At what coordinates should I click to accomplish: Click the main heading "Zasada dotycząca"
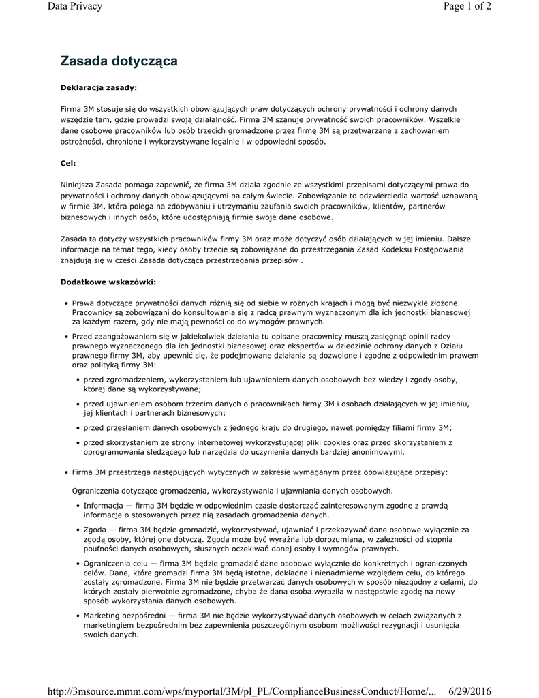coord(119,61)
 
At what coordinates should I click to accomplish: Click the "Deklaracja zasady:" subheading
coord(98,87)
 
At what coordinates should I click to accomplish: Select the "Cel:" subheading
coord(68,164)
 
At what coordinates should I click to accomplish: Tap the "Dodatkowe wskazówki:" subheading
coord(108,282)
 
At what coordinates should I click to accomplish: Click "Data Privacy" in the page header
coord(75,7)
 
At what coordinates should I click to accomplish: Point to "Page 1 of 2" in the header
coord(467,7)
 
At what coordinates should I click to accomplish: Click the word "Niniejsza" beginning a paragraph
coord(78,185)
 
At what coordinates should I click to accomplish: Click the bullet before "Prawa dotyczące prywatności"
coord(65,303)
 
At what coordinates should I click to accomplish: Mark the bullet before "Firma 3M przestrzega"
coord(65,472)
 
